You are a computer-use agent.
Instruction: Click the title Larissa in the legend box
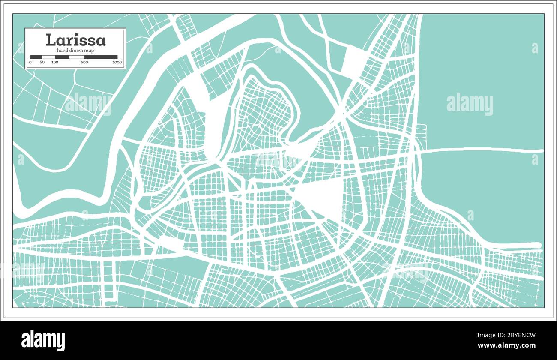pos(75,40)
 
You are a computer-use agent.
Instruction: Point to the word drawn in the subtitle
pos(76,51)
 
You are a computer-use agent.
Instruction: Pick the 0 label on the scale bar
pos(30,63)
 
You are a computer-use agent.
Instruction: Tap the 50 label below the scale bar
pos(42,63)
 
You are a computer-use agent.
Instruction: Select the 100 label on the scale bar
pos(55,63)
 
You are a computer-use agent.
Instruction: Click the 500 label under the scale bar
pos(84,63)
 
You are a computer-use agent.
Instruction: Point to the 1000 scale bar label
pos(117,63)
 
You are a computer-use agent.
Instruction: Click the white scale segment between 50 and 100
pos(48,57)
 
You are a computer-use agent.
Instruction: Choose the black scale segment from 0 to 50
pos(36,57)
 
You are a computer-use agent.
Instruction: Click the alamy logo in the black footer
pos(43,340)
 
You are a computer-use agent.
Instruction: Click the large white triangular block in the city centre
pos(322,195)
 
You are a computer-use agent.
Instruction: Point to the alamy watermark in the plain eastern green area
pos(470,104)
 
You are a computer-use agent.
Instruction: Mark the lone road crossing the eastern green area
pos(480,150)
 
